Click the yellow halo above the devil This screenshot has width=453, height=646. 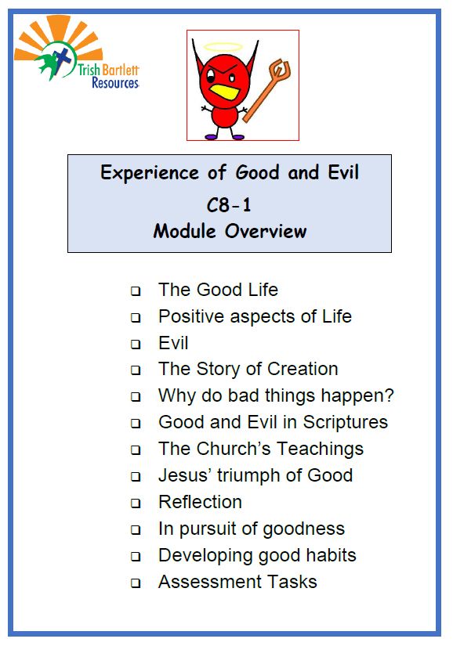click(223, 46)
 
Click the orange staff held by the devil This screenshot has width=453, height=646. click(268, 90)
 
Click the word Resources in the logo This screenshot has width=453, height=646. click(115, 82)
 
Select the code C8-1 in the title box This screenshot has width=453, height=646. click(229, 205)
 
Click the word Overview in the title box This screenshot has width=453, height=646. click(266, 231)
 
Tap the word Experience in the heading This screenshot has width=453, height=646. click(150, 173)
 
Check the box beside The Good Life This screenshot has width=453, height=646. click(136, 291)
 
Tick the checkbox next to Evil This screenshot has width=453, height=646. click(136, 344)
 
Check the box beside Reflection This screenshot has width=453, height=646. click(136, 503)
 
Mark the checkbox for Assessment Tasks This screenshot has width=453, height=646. click(136, 583)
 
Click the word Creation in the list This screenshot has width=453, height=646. click(303, 369)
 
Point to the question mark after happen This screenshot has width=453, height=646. click(389, 395)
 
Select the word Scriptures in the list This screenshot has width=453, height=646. click(346, 423)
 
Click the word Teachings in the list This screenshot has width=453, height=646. click(320, 449)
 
